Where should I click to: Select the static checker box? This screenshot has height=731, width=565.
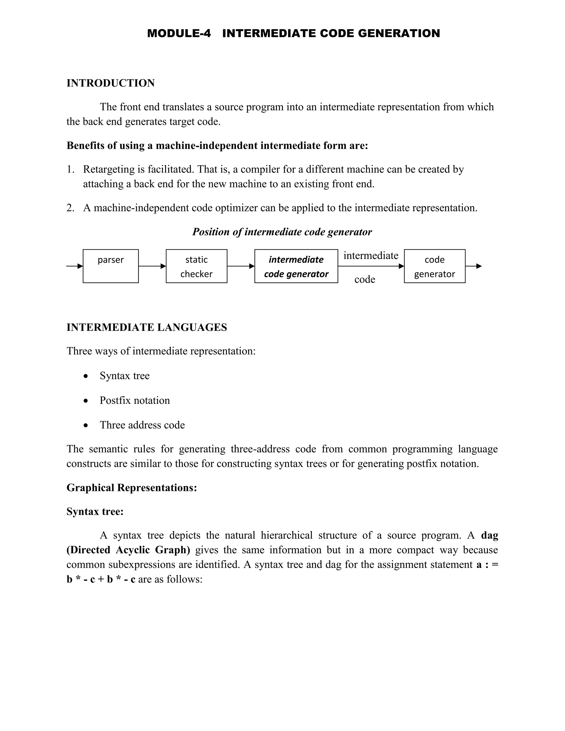click(x=196, y=266)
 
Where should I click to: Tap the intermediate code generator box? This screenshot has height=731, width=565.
click(x=296, y=266)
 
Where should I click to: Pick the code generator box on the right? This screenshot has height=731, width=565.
click(x=435, y=266)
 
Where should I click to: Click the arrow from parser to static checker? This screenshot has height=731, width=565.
click(x=152, y=266)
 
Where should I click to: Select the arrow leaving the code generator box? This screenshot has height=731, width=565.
click(x=474, y=266)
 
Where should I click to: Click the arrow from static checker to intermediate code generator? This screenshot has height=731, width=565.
click(x=241, y=266)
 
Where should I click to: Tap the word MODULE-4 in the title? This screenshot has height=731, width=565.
click(x=179, y=33)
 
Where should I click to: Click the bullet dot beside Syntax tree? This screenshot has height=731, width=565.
click(x=86, y=376)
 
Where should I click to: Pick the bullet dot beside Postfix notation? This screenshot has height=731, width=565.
click(x=86, y=401)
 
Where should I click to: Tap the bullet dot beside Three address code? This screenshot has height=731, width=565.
click(x=86, y=425)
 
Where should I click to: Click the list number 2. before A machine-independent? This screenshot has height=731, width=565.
click(x=70, y=208)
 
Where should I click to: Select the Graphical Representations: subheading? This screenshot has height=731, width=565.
click(x=132, y=488)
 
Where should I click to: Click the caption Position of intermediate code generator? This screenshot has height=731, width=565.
click(x=282, y=232)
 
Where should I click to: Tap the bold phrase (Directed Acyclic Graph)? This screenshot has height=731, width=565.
click(x=128, y=550)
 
